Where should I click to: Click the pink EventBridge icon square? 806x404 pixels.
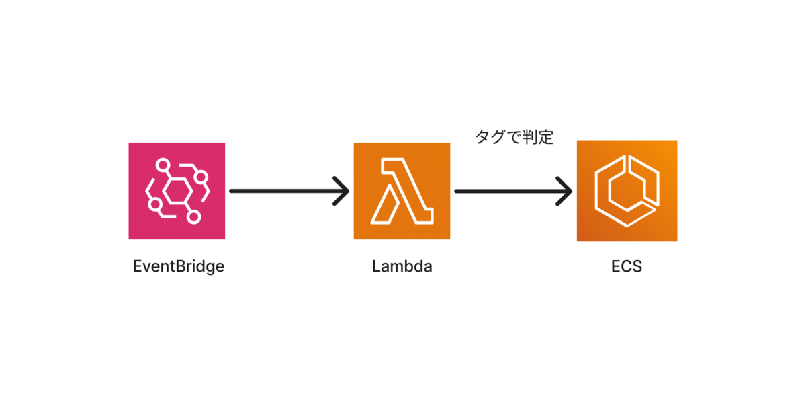(x=177, y=191)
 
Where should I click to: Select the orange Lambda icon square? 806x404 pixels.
(x=402, y=191)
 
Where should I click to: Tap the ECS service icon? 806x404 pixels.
(x=627, y=191)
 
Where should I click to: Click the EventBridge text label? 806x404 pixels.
(x=179, y=267)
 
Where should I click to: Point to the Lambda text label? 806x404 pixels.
(x=402, y=266)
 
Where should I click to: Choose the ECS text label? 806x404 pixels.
(x=627, y=266)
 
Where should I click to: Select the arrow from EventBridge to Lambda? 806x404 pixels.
(x=289, y=191)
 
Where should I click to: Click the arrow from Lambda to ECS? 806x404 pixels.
(x=513, y=191)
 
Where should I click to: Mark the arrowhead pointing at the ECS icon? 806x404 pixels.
(x=565, y=191)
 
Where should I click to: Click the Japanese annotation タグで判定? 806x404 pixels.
(x=514, y=137)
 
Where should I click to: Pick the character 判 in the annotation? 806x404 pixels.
(x=530, y=137)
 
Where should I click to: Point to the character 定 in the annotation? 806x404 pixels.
(x=546, y=137)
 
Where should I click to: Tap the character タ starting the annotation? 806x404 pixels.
(x=483, y=137)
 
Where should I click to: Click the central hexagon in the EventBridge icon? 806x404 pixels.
(x=177, y=191)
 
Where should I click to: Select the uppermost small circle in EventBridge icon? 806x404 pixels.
(x=163, y=165)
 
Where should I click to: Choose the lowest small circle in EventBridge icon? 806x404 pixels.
(x=193, y=217)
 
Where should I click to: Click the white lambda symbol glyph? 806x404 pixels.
(x=402, y=191)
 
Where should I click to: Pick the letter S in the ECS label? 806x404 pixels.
(x=637, y=266)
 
